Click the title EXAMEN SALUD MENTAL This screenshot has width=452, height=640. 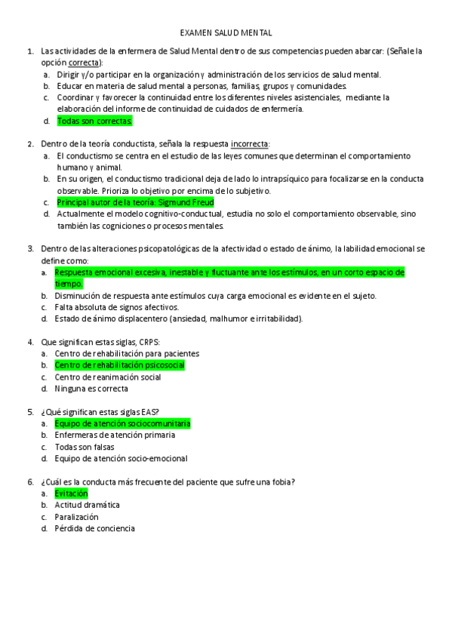click(226, 33)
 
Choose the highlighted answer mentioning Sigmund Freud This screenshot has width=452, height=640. click(135, 202)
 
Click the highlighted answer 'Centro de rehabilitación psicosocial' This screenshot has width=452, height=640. click(119, 365)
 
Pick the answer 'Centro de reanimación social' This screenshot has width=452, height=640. click(108, 377)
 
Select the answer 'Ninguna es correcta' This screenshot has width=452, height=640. click(91, 389)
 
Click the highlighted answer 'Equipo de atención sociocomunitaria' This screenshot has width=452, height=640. click(122, 424)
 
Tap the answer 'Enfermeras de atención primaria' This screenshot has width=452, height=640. click(115, 435)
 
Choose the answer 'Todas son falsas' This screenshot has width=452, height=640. click(85, 447)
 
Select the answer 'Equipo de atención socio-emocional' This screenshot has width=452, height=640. click(121, 458)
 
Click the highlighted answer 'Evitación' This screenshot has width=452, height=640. click(72, 494)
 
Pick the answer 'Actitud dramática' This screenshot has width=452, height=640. click(87, 505)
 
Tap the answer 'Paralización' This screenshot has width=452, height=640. click(76, 517)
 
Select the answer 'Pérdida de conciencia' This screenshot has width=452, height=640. click(94, 528)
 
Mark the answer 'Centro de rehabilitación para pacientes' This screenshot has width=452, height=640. click(127, 353)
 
